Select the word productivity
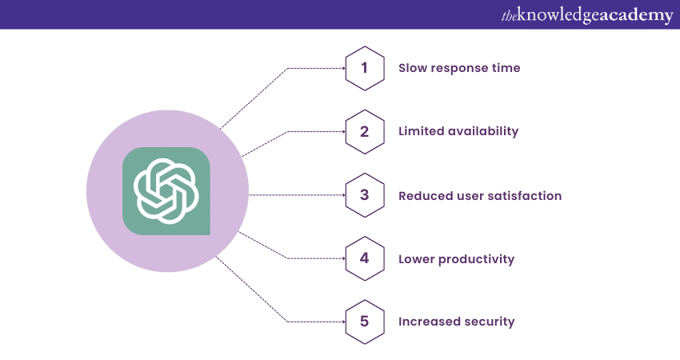coord(476,259)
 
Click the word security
coord(489,322)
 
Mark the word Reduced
coord(420,196)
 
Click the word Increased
coord(429,322)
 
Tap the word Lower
coord(416,259)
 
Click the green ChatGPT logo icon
coord(166,191)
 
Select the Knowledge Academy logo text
coord(587,15)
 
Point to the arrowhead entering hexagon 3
coord(343,195)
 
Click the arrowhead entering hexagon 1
coord(343,68)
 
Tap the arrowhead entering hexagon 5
coord(343,322)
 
